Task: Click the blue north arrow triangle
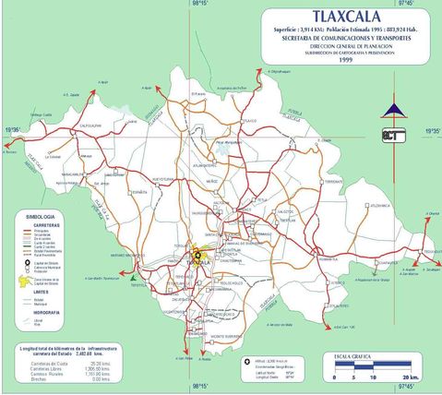pos(393,112)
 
